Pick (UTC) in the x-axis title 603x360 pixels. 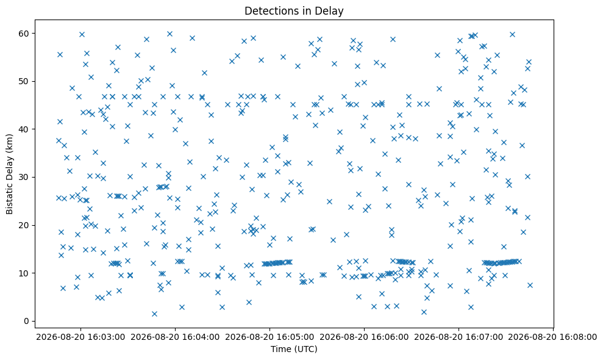click(x=305, y=349)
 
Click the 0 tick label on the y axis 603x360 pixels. click(x=27, y=321)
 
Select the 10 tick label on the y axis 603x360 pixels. click(x=24, y=273)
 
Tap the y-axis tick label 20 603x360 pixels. click(x=24, y=225)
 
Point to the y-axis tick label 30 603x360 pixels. click(x=24, y=177)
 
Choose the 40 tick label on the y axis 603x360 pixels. click(x=24, y=129)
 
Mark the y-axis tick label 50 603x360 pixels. click(x=24, y=81)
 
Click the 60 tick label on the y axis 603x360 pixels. click(x=24, y=34)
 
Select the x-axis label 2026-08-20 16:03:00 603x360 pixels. click(x=80, y=337)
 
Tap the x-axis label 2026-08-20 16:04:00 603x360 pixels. click(x=176, y=337)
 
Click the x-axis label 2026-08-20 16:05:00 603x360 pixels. click(x=269, y=337)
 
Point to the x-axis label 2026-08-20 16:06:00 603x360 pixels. click(x=364, y=337)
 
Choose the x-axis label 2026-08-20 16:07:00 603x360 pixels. click(x=458, y=337)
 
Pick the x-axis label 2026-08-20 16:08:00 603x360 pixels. click(x=553, y=337)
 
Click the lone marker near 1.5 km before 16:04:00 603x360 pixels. click(x=155, y=314)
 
